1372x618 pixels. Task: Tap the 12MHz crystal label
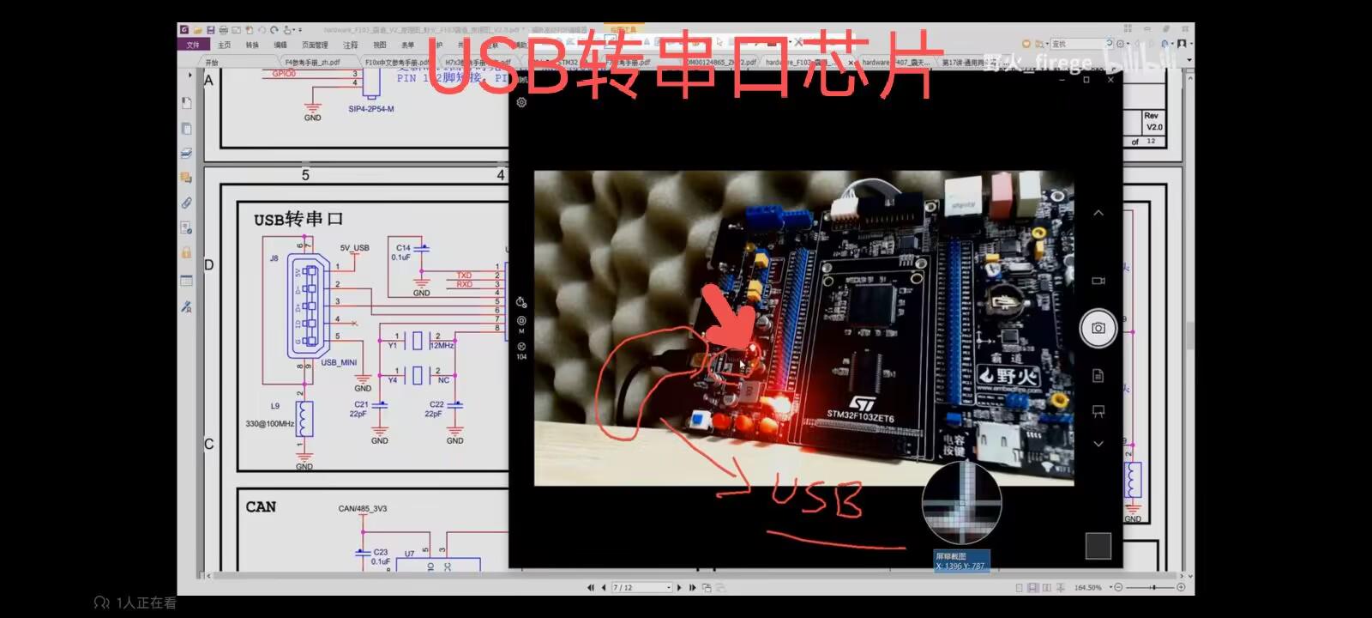(442, 345)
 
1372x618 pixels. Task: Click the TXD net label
(464, 276)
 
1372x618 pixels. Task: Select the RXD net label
(464, 284)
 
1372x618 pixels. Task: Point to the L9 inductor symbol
(304, 419)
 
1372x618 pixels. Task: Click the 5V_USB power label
(354, 248)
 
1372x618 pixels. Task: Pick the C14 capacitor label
(403, 247)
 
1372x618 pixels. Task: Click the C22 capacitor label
(436, 404)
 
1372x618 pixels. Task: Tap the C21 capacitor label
(361, 404)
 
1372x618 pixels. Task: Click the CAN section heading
(261, 506)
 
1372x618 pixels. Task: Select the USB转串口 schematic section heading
(298, 220)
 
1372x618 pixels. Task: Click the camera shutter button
(1098, 328)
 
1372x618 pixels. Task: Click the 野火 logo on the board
(1009, 376)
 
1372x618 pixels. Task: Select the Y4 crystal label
(392, 379)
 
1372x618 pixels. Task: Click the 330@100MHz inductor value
(269, 424)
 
